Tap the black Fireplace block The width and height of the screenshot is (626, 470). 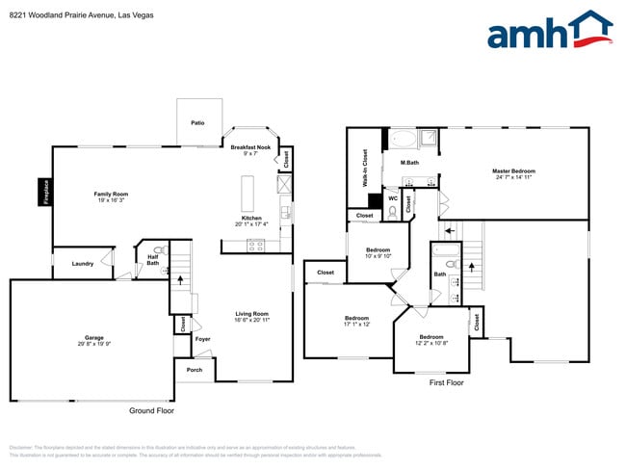44,191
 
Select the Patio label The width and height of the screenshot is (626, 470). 197,123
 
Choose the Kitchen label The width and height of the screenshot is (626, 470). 251,219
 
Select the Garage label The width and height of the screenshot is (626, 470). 94,338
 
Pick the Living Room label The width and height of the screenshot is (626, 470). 252,314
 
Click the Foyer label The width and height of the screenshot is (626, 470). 202,339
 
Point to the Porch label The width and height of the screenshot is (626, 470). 194,370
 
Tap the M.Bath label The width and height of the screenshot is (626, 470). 409,162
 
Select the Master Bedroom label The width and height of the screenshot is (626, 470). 514,171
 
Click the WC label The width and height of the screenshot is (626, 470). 393,198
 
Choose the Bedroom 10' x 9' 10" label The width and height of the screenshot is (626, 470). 377,252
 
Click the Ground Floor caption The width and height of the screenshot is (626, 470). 152,410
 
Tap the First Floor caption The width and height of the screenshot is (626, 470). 446,382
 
